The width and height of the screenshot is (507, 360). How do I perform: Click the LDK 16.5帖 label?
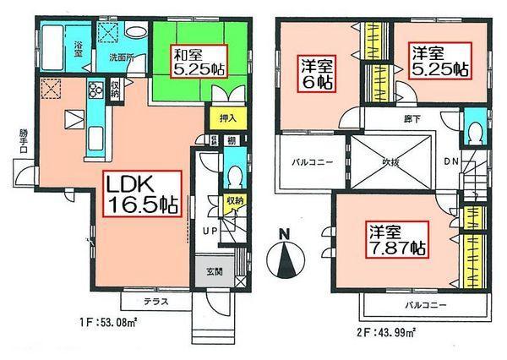pyautogui.click(x=142, y=195)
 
